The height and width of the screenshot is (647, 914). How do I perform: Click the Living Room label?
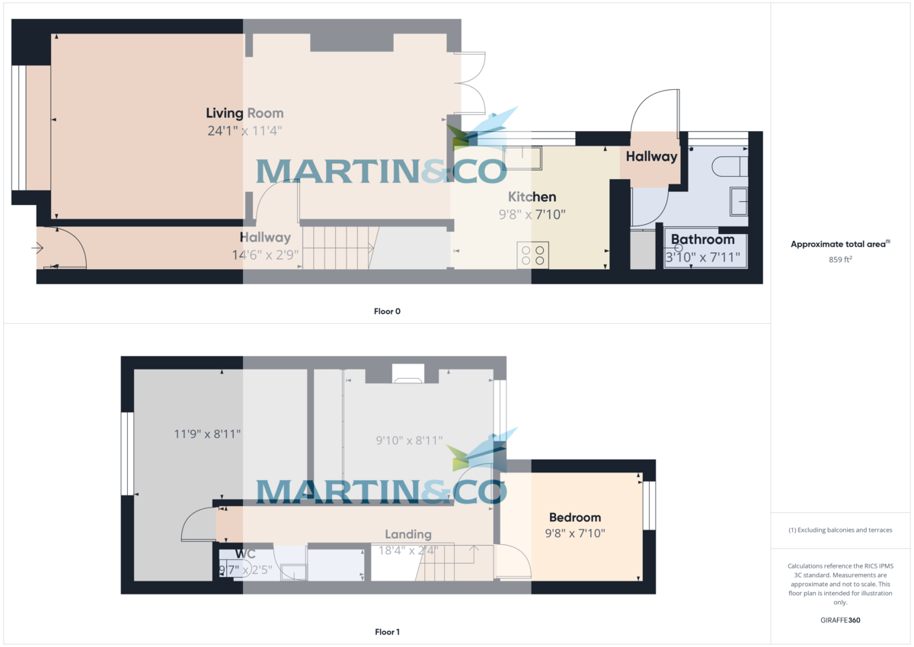click(x=244, y=114)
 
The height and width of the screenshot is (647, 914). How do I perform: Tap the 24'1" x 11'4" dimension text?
click(x=244, y=131)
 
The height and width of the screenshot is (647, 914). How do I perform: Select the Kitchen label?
click(x=532, y=197)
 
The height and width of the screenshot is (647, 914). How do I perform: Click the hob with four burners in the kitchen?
click(x=532, y=255)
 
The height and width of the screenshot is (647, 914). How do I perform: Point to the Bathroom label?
click(x=702, y=239)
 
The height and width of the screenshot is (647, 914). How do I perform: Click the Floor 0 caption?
click(x=387, y=311)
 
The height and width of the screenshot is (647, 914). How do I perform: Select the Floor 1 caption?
click(x=387, y=632)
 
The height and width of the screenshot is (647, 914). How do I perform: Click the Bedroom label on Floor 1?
click(x=575, y=517)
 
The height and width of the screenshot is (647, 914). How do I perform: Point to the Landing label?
click(x=408, y=534)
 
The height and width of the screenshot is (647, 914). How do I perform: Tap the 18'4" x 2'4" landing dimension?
click(x=408, y=549)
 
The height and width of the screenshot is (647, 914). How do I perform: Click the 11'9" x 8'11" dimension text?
click(x=208, y=434)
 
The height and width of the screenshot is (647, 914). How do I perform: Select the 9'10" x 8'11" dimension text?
click(x=410, y=440)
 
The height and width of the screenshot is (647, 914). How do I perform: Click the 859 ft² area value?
click(x=841, y=260)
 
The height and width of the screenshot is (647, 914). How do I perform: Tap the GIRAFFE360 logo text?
click(x=841, y=620)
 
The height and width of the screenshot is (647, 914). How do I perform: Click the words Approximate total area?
click(x=838, y=245)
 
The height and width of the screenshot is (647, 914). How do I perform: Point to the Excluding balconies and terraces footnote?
click(x=840, y=530)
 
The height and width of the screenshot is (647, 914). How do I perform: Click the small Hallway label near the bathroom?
click(x=651, y=156)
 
